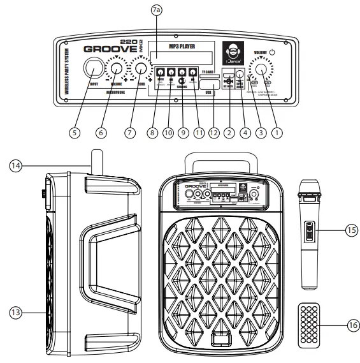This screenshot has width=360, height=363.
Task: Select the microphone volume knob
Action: click(x=118, y=69)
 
